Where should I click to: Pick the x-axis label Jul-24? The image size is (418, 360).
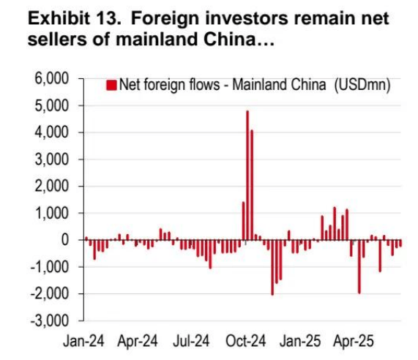[x=192, y=342]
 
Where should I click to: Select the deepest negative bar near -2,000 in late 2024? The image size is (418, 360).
[x=272, y=267]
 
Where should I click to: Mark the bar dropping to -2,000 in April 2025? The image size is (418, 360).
[x=359, y=266]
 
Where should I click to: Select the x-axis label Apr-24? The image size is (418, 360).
[x=138, y=342]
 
